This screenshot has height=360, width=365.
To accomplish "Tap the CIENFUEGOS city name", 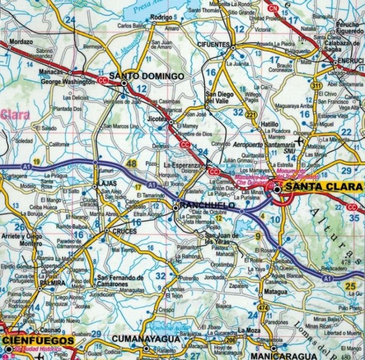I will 38,340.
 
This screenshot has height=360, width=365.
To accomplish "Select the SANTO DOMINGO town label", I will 146,76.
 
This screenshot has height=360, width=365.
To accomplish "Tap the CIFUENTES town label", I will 213,45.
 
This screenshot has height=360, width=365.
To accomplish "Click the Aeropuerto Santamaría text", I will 264,145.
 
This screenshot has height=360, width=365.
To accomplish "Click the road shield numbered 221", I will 252,115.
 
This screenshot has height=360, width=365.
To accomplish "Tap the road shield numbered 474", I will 263,307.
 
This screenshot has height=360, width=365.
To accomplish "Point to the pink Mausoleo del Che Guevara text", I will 252,180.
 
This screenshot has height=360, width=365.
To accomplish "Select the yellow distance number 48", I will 131,164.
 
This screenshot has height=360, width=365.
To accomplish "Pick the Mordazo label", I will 20,42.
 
